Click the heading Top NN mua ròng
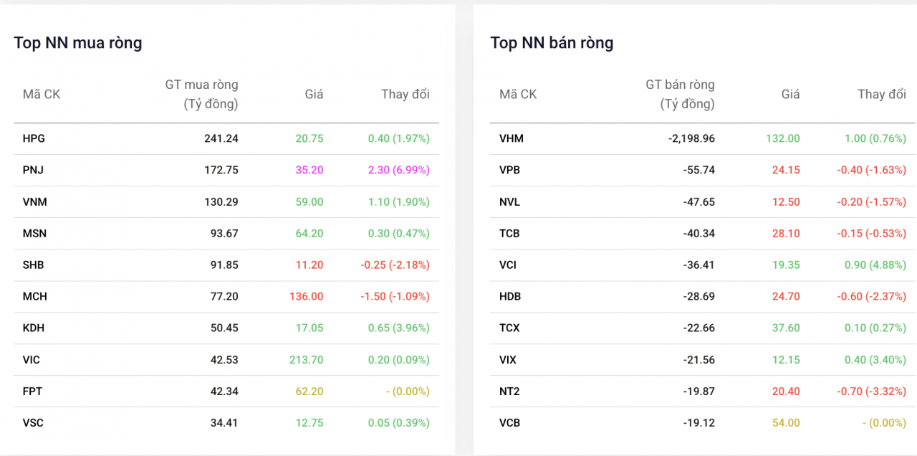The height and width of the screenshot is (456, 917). (78, 43)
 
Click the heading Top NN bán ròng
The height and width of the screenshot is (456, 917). (552, 43)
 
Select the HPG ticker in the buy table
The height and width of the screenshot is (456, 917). (34, 138)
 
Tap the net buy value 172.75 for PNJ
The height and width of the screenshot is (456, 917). (221, 170)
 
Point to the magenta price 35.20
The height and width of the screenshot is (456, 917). (309, 170)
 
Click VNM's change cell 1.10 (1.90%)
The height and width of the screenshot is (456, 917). (399, 202)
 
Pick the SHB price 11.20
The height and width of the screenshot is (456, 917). (309, 265)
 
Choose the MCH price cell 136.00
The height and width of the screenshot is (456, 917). (306, 297)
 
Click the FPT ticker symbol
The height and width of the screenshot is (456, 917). (32, 391)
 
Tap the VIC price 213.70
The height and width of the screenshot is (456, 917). (306, 360)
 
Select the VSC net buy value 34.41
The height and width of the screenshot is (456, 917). (224, 423)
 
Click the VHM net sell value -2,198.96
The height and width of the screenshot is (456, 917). (691, 138)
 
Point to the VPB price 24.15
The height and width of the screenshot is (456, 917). (786, 170)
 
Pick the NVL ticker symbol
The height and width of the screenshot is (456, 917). (509, 202)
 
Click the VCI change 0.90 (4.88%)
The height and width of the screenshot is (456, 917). (875, 265)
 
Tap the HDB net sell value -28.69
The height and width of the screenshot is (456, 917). (698, 297)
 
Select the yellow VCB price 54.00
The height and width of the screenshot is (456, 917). (786, 423)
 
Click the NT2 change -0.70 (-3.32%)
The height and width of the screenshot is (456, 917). (872, 391)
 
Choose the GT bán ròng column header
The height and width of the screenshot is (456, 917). (680, 94)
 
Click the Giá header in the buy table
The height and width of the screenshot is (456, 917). (314, 94)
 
